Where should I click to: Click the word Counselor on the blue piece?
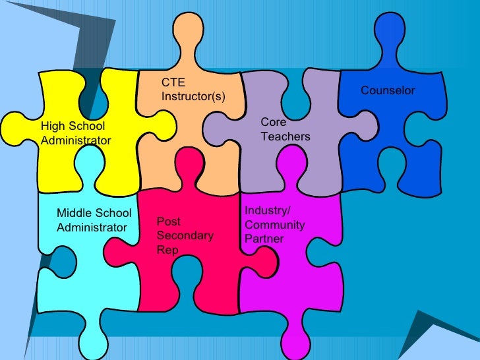tap(388, 90)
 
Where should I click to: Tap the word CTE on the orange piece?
tap(173, 83)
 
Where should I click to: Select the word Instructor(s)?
tap(193, 97)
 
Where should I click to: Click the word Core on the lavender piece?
tap(273, 123)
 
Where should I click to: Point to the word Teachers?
tap(285, 136)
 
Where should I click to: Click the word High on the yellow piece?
tap(53, 126)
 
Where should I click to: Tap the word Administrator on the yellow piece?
tap(76, 140)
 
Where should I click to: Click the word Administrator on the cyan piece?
tap(92, 227)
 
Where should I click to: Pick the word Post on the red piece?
tap(168, 222)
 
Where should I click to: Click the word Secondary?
tap(185, 235)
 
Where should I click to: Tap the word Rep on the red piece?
tap(167, 250)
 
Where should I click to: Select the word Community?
tap(274, 225)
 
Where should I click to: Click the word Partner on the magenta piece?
tap(264, 239)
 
